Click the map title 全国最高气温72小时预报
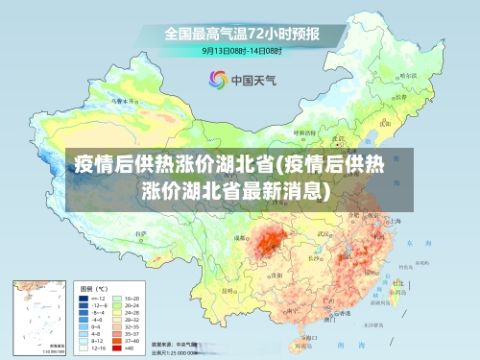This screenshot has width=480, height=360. (x=241, y=34)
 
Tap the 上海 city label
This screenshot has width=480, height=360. (x=395, y=221)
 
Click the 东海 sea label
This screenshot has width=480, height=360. (x=411, y=243)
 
